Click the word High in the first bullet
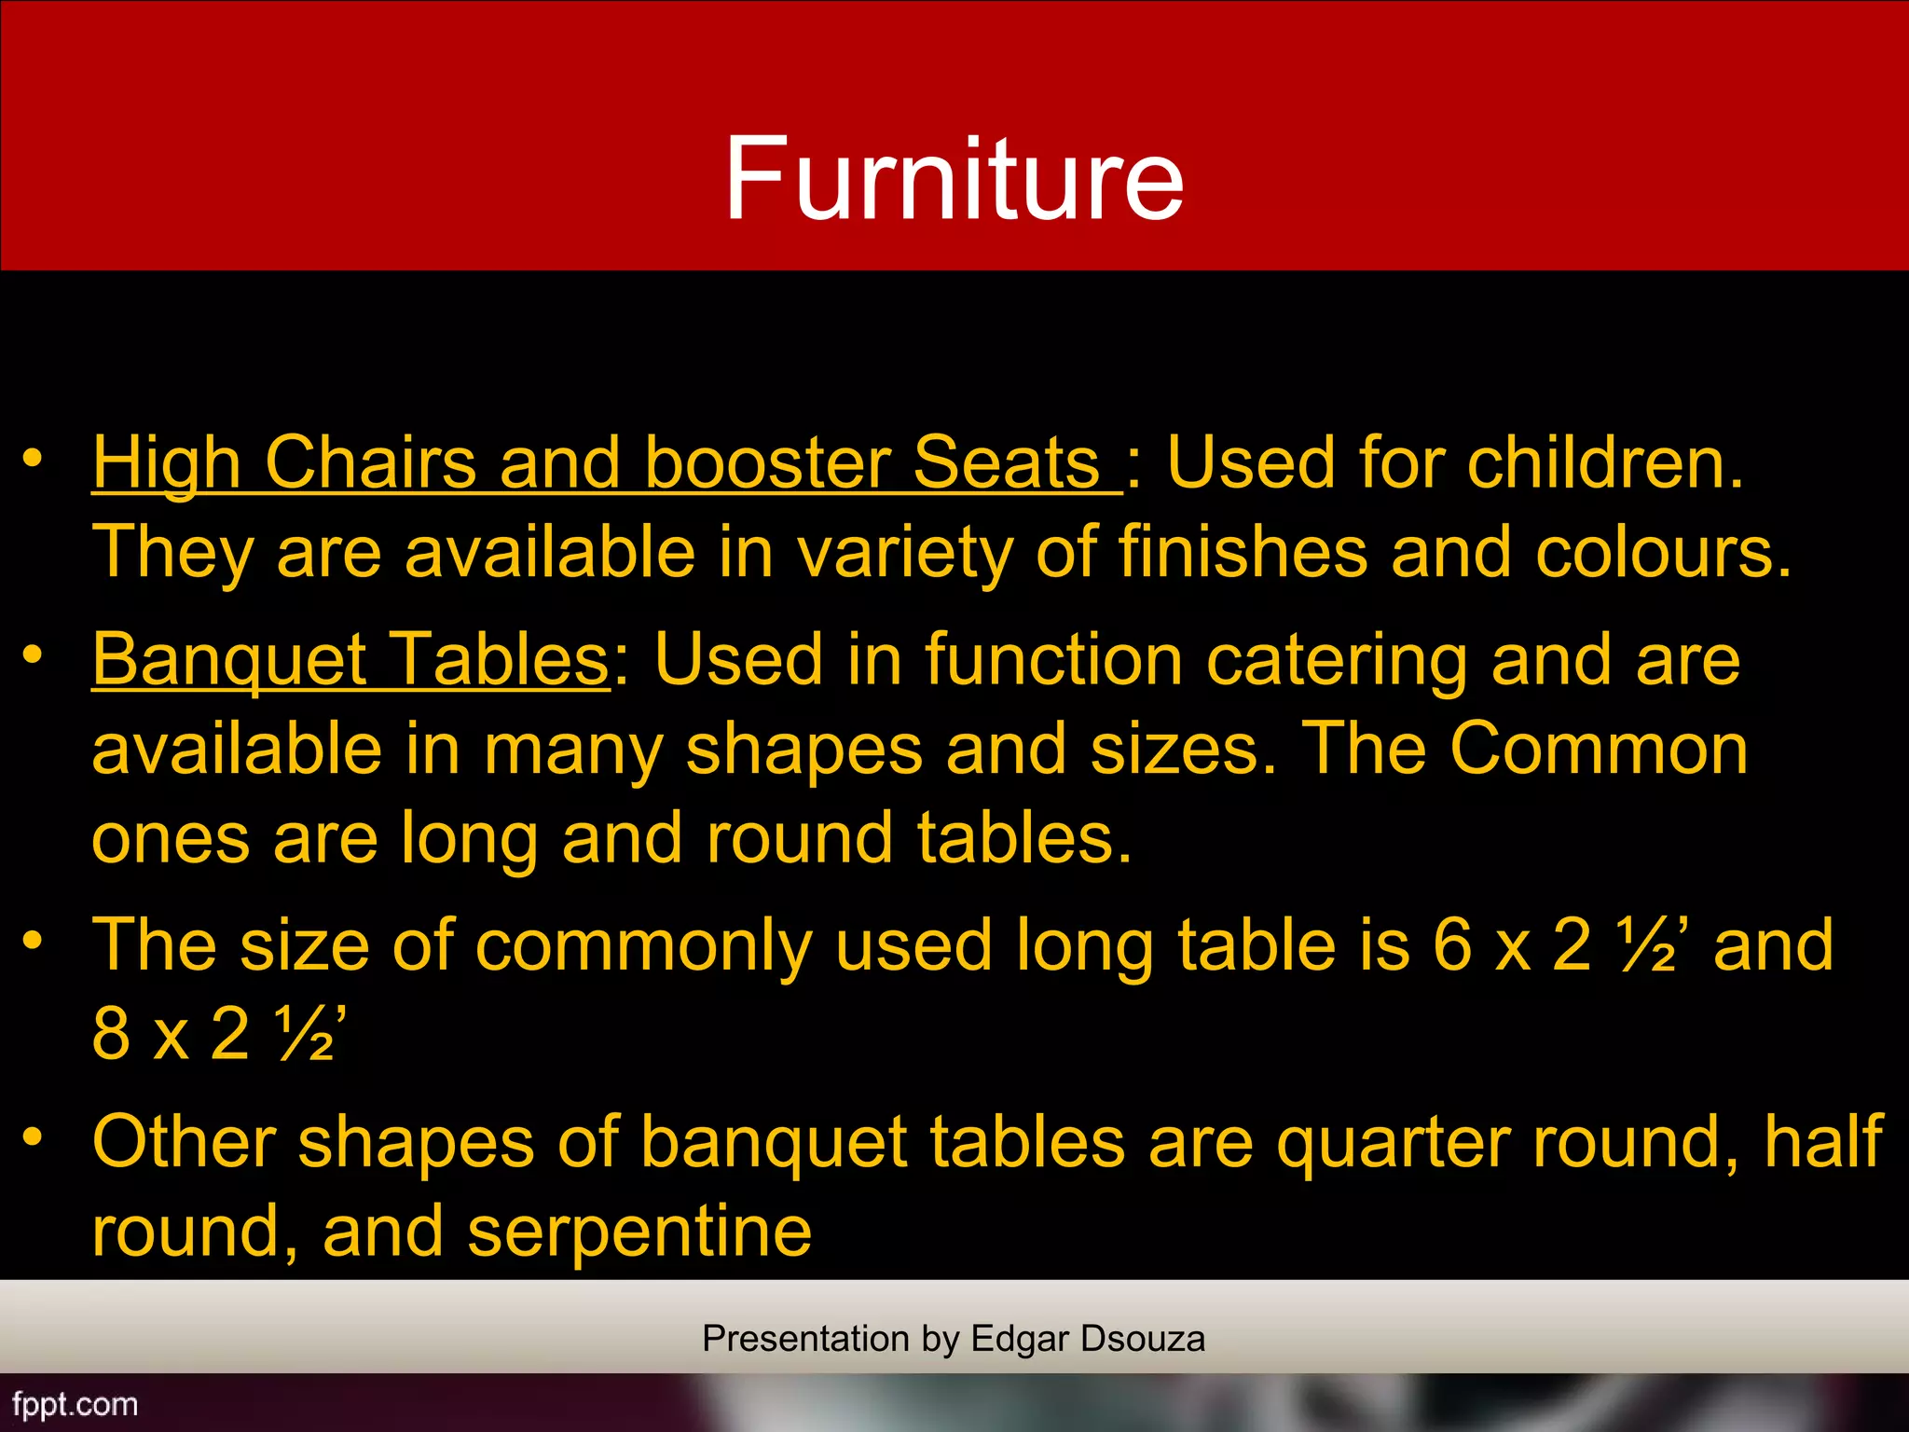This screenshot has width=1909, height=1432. pos(167,463)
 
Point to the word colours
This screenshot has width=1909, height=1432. pos(1663,552)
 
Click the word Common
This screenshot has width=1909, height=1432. pos(1599,749)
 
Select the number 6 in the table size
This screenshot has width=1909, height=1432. pos(1452,945)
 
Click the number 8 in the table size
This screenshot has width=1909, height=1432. pos(111,1034)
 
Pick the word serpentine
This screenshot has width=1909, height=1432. pos(639,1232)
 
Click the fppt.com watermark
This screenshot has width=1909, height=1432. pos(75,1404)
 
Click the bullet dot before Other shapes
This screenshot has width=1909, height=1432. pos(34,1136)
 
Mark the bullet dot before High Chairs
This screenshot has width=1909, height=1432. pos(34,458)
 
